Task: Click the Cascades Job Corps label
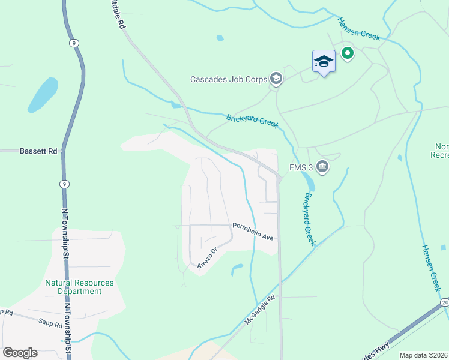coord(229,79)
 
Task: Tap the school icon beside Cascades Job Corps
coord(276,79)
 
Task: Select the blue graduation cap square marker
coord(324,62)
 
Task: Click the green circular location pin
coord(347,54)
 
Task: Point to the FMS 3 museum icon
coord(322,167)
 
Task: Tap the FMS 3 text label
coord(302,167)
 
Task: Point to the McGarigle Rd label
coord(260,310)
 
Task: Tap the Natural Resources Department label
coord(79,287)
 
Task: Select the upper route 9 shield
coord(73,43)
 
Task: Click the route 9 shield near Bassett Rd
coord(63,183)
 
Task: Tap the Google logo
coord(20,353)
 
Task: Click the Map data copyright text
coord(423,355)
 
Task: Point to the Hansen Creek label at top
coord(359,28)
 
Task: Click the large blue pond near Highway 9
coord(43,95)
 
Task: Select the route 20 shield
coord(444,302)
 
